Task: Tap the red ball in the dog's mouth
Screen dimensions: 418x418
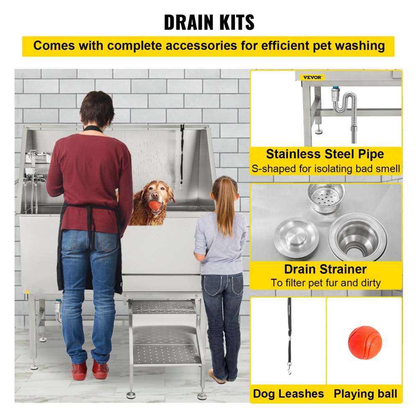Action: pyautogui.click(x=155, y=205)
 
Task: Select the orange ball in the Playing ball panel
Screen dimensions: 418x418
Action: pyautogui.click(x=364, y=342)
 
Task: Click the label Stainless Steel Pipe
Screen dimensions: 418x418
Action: pyautogui.click(x=325, y=154)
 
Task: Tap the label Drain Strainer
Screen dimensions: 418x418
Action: pyautogui.click(x=325, y=269)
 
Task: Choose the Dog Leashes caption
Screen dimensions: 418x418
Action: pyautogui.click(x=288, y=393)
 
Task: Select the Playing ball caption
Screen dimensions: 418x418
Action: pyautogui.click(x=365, y=393)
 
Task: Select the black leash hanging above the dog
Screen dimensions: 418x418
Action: pyautogui.click(x=182, y=157)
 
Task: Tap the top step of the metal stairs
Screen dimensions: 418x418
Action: pyautogui.click(x=163, y=307)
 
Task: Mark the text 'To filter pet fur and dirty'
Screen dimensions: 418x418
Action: pyautogui.click(x=325, y=283)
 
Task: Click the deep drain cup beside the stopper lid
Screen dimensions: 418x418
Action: pyautogui.click(x=357, y=237)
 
